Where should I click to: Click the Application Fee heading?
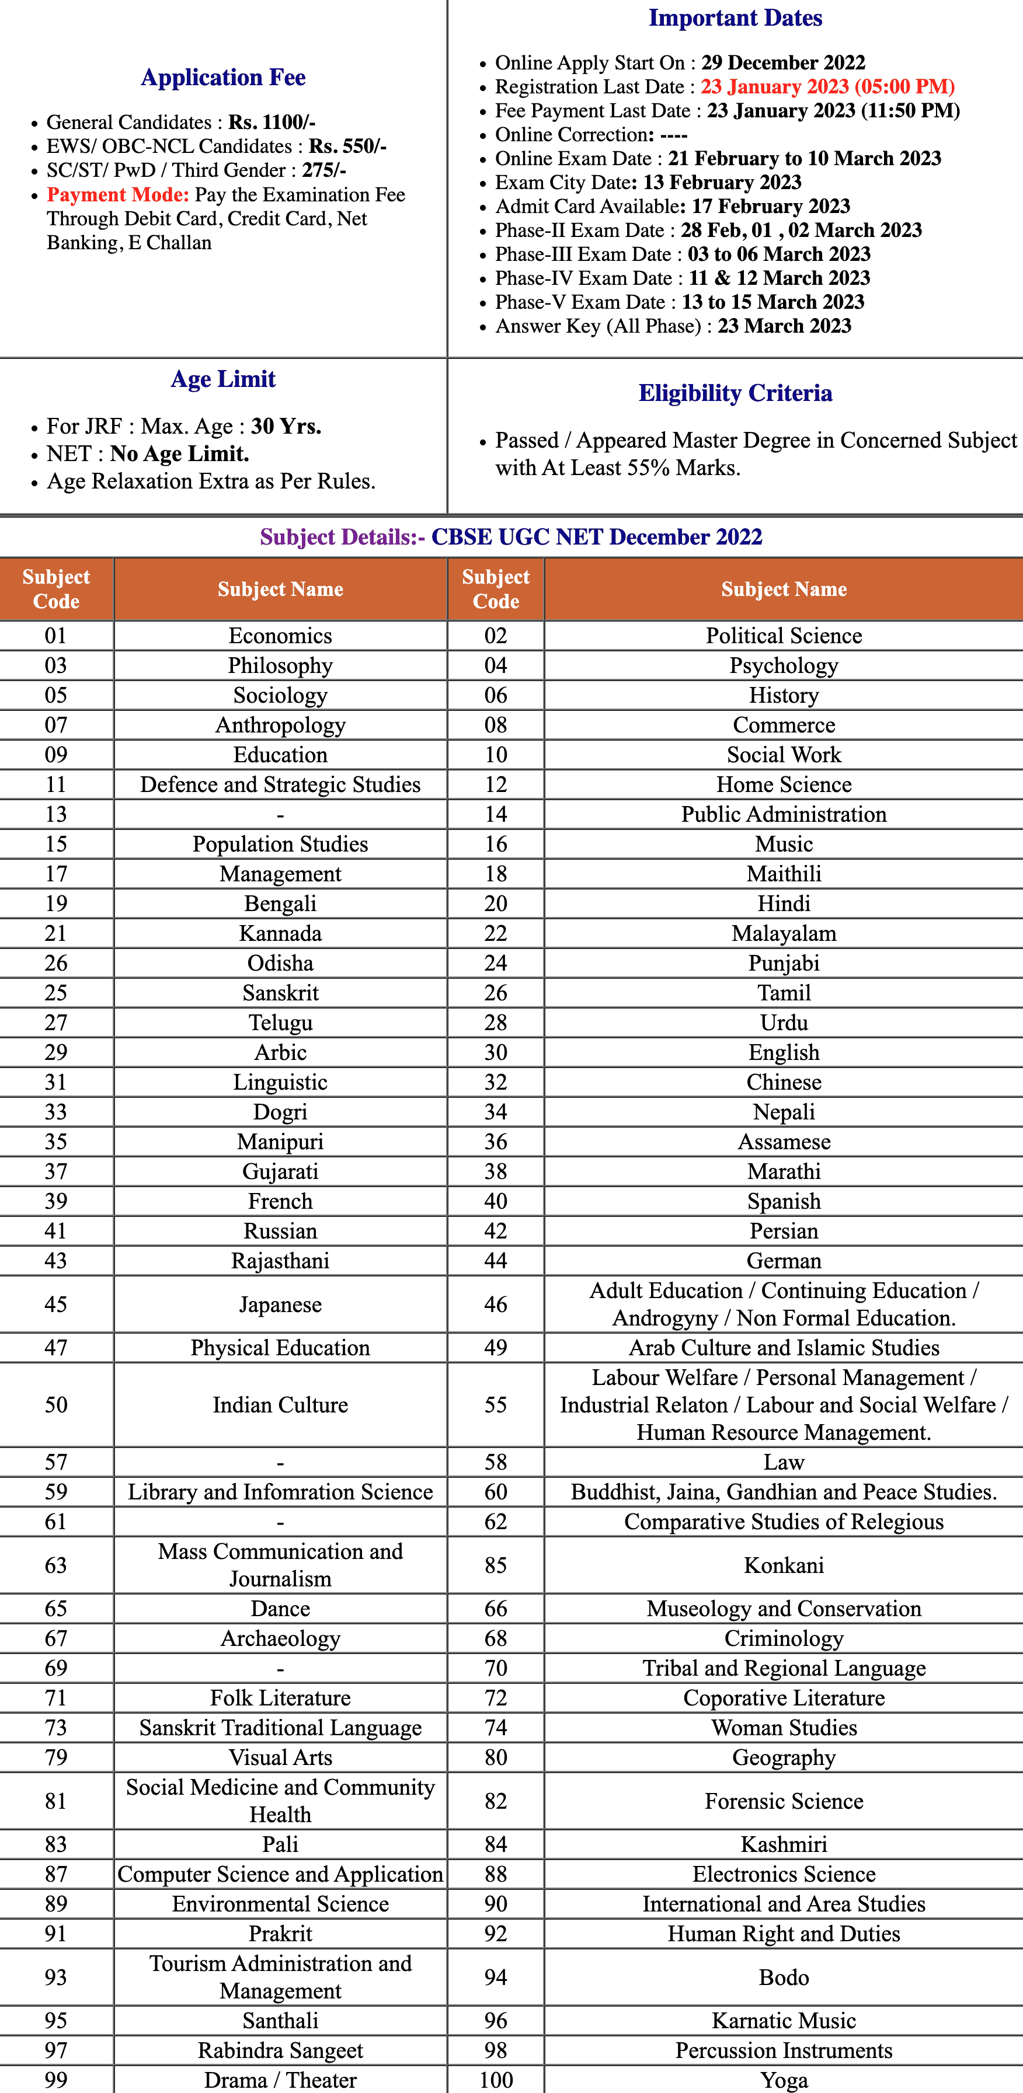click(224, 77)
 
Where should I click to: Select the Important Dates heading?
click(735, 18)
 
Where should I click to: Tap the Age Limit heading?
click(224, 379)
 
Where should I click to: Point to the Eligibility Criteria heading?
click(735, 393)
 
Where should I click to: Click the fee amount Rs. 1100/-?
click(272, 123)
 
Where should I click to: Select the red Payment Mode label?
click(118, 195)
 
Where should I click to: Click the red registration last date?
click(827, 87)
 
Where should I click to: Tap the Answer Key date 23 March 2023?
click(784, 326)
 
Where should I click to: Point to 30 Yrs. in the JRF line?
click(286, 427)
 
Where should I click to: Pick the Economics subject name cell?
click(280, 636)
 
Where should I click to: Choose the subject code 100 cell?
click(496, 2080)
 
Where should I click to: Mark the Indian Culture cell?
click(280, 1405)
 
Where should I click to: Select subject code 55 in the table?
click(496, 1405)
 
